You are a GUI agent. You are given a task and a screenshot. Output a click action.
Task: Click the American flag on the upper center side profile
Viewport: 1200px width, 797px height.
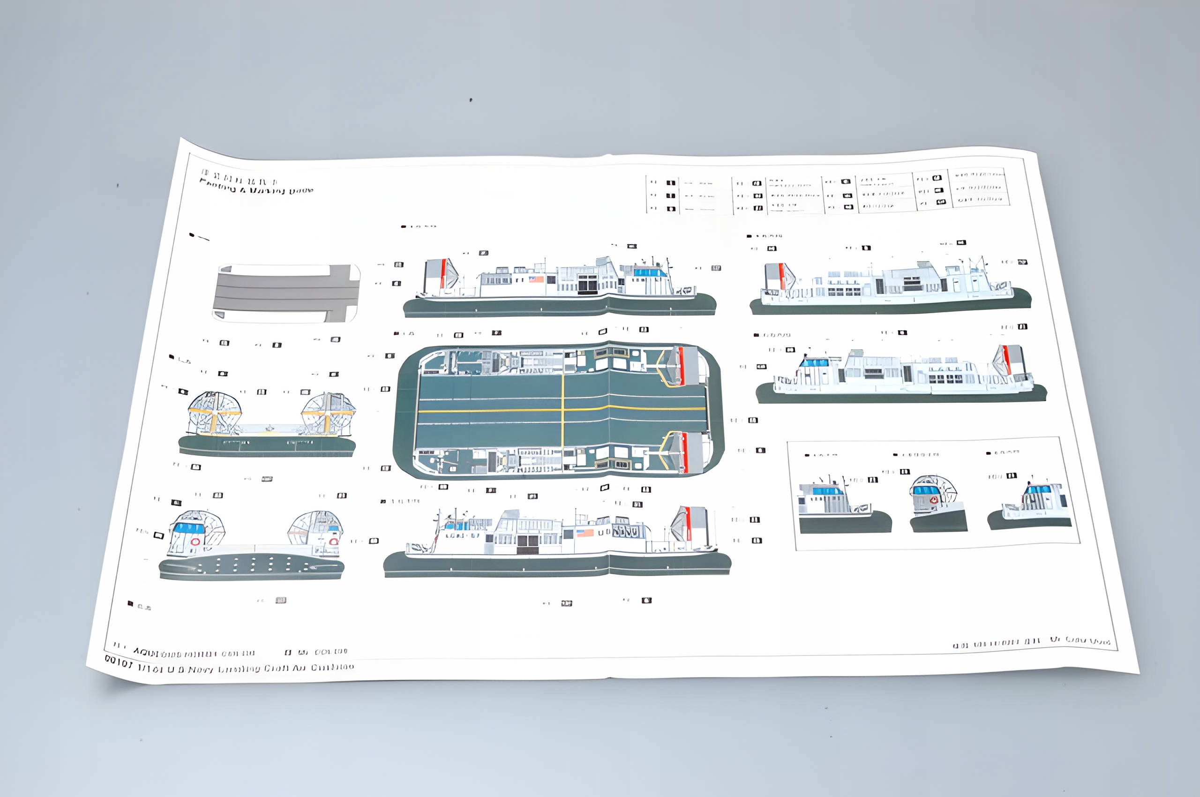point(536,278)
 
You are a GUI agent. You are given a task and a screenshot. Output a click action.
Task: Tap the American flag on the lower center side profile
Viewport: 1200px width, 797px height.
point(585,533)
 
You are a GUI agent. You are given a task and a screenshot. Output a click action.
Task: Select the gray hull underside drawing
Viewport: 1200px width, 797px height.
point(286,293)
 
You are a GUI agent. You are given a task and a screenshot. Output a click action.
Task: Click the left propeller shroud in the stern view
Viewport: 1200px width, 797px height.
point(215,413)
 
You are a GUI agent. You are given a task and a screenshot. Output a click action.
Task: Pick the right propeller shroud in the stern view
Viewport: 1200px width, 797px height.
point(328,413)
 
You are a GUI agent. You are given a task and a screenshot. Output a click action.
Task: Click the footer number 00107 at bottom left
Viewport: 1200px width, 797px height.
point(118,661)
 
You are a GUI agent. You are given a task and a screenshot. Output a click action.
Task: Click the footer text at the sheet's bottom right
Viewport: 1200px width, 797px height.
point(1032,642)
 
